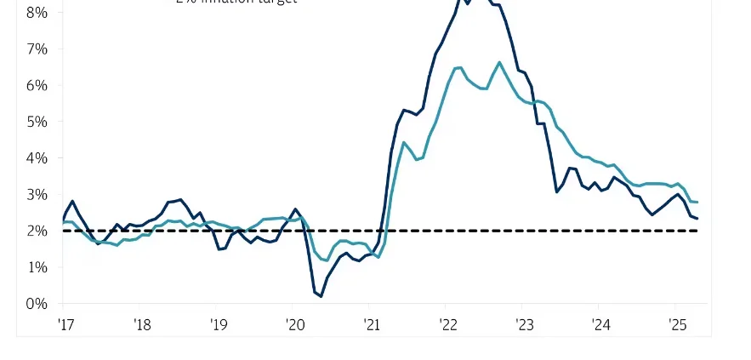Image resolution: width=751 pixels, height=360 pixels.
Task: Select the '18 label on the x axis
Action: coord(141,324)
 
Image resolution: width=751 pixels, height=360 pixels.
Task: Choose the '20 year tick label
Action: coord(294,324)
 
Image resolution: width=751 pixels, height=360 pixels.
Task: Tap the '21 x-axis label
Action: coord(371,324)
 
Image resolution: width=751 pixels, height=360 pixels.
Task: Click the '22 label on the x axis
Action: coord(447,324)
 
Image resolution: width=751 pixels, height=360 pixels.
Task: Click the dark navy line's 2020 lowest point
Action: coord(321,296)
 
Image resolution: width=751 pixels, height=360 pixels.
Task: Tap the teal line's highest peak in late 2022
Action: coord(499,62)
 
